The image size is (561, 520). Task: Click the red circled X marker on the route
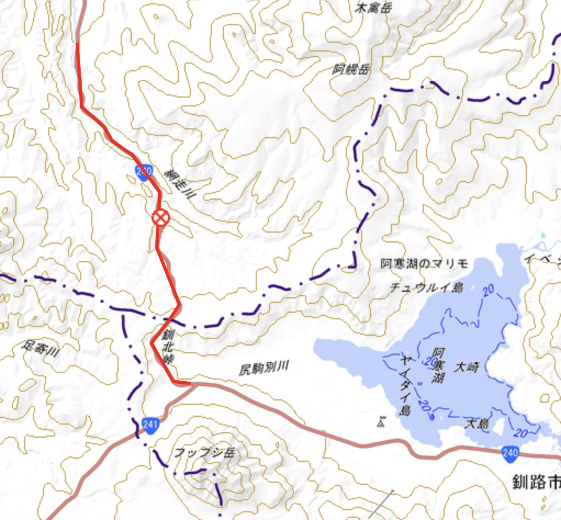point(160,218)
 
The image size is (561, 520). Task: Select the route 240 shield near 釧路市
point(509,453)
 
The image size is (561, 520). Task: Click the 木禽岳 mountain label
point(369,8)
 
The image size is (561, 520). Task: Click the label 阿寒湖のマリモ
point(424,264)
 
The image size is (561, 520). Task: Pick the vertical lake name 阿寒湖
point(437,366)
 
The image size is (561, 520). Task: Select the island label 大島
point(476,423)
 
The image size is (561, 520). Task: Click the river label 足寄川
point(41,349)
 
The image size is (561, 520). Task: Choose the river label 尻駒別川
point(263,369)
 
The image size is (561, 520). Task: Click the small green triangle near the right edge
point(543,235)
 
